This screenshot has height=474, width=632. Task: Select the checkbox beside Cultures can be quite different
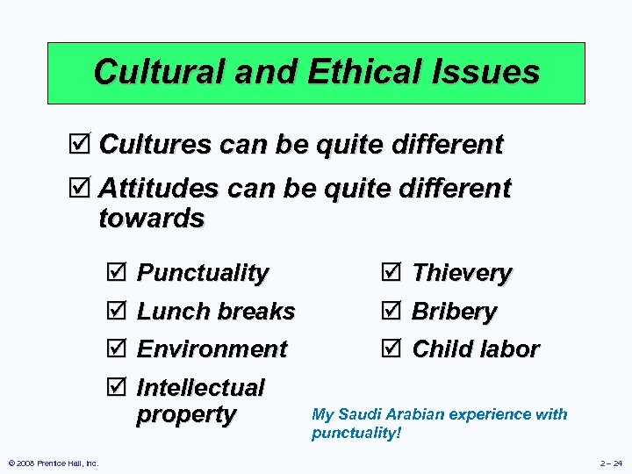coord(84,145)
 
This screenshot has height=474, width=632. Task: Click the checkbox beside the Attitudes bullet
coord(84,189)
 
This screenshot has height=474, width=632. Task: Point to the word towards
coord(152,218)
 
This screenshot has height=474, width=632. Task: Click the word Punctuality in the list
coord(203,273)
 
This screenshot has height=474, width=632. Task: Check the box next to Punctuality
coord(121,273)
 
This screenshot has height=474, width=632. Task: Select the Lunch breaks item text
coord(216,312)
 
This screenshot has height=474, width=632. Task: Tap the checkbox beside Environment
coord(121,349)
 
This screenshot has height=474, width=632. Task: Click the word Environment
coord(212,349)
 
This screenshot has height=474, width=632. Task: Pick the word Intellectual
coord(201,387)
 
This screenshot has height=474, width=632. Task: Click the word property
coord(186,414)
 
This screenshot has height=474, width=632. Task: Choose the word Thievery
coord(462,273)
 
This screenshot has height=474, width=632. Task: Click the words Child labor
coord(475,349)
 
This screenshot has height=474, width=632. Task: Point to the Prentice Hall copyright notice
coord(53,463)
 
